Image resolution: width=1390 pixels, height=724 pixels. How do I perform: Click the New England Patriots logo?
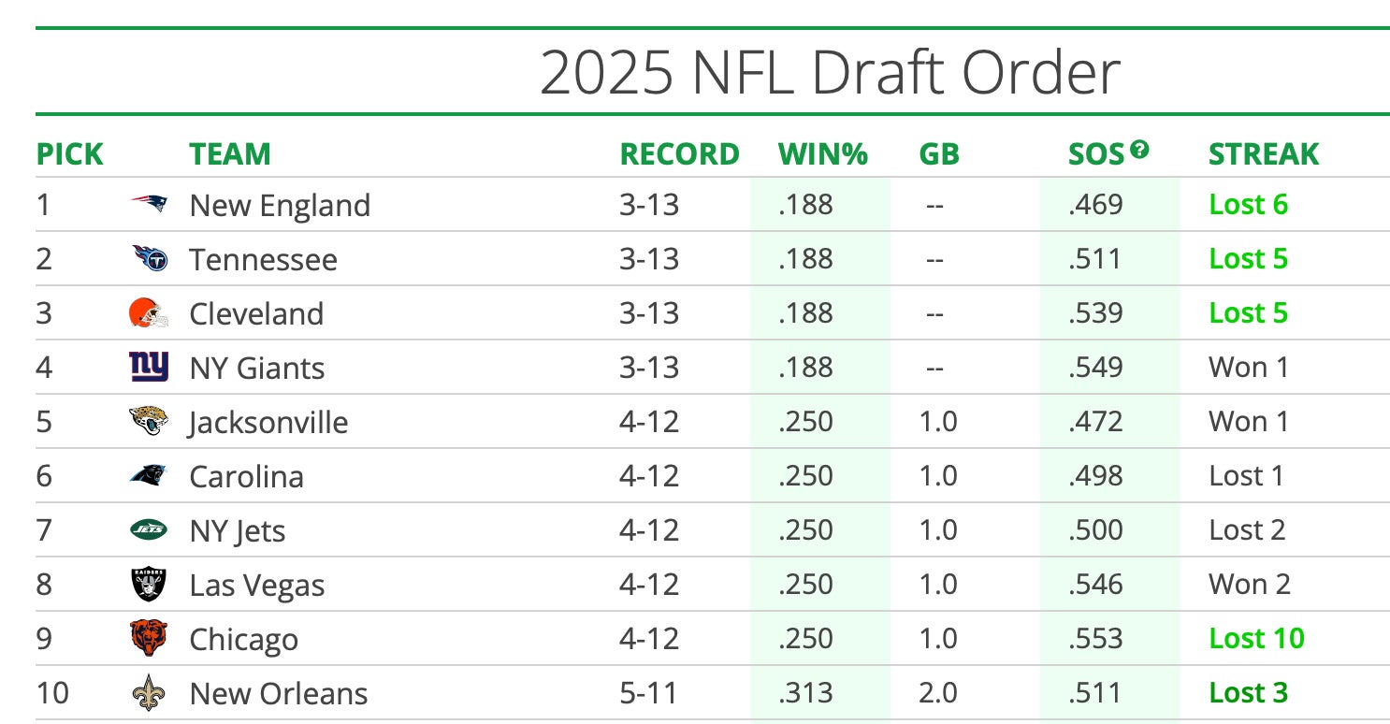(149, 204)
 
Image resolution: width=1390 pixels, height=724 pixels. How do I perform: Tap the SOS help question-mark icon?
(1138, 149)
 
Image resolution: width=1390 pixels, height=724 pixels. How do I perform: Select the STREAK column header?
(1263, 153)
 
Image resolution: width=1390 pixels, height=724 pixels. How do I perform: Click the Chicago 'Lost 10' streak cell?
(1256, 639)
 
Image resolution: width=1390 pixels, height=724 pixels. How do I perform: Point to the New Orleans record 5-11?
(648, 693)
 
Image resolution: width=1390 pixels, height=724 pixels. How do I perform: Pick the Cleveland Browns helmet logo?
(149, 312)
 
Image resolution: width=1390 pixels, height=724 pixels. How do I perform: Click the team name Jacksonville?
(268, 422)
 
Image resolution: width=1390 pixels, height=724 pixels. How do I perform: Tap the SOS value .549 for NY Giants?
(1095, 368)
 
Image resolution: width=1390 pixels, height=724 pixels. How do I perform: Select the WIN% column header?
(823, 153)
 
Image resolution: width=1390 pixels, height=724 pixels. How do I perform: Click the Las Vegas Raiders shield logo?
(149, 585)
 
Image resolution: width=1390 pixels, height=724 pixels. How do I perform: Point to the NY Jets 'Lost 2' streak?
(1247, 530)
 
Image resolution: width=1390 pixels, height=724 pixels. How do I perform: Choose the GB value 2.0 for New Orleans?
(938, 693)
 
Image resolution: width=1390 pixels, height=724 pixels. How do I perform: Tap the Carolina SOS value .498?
(1095, 476)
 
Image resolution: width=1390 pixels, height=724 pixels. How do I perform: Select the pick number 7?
(44, 530)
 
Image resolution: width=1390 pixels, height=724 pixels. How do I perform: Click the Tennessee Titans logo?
(149, 258)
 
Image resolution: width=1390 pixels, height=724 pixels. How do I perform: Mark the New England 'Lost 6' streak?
(1248, 204)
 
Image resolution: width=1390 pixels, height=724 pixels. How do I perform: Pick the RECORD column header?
(679, 153)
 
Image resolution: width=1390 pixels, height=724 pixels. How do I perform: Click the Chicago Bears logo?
(149, 639)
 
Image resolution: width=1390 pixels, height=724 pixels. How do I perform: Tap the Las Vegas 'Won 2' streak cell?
(1249, 585)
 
